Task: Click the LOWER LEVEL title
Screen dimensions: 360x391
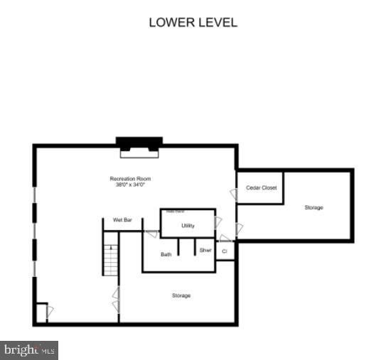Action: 193,22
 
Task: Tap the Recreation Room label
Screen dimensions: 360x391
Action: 130,179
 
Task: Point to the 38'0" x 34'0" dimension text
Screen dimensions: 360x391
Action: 130,185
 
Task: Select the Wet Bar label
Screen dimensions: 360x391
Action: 122,220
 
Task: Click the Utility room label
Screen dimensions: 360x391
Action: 188,226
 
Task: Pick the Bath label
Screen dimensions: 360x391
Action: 166,254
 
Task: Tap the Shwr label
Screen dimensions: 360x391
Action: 205,250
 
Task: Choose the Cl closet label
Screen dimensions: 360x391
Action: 225,251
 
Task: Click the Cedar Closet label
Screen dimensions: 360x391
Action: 261,187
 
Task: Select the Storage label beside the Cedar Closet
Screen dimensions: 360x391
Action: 314,207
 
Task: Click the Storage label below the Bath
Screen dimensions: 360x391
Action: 181,295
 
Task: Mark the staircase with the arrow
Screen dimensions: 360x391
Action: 110,259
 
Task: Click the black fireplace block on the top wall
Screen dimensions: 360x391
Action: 139,142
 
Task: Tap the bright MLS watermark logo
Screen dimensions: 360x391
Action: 29,350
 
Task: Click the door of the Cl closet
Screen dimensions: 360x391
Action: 225,239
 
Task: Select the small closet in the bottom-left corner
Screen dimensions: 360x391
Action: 41,312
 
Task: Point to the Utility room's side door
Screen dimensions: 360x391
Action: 218,223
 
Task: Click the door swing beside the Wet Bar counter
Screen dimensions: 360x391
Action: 151,234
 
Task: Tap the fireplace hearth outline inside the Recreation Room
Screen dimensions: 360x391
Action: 139,152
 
